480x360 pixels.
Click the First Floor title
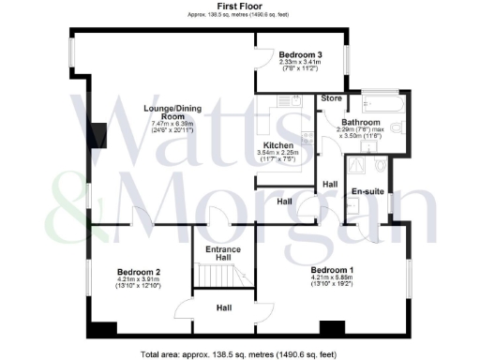pos(239,6)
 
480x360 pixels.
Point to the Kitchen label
pos(278,145)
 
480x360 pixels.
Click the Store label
pos(330,97)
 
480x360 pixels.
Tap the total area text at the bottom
pos(239,353)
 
